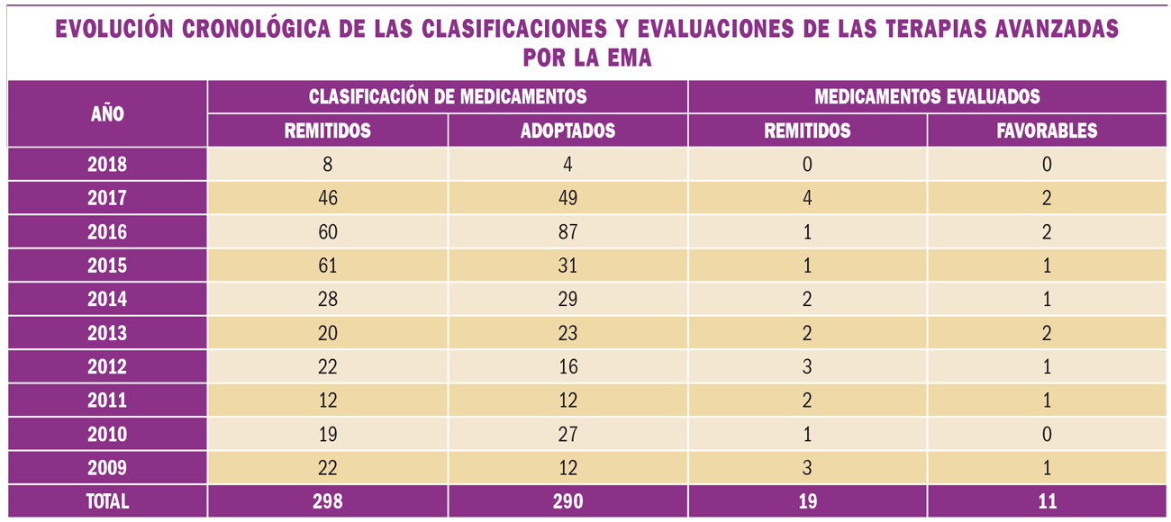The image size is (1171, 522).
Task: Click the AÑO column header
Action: point(107,114)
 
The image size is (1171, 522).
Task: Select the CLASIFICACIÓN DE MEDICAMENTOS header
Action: point(448,97)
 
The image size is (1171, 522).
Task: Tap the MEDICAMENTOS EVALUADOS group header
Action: point(927,97)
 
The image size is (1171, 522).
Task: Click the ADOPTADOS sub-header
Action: point(567,130)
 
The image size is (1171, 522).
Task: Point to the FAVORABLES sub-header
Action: point(1047,130)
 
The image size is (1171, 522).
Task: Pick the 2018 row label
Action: point(107,165)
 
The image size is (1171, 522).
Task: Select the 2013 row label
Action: point(107,333)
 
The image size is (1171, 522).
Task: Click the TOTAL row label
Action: point(107,501)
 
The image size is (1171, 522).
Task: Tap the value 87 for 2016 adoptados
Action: point(567,232)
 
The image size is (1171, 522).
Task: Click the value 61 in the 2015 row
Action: point(328,265)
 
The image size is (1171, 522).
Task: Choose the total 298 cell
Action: point(328,501)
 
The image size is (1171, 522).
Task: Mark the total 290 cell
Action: point(567,501)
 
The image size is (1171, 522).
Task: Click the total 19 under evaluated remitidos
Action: point(807,501)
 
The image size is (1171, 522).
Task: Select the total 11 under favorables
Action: point(1047,501)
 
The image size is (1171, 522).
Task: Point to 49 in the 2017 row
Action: point(567,198)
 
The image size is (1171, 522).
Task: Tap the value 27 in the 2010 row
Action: point(567,434)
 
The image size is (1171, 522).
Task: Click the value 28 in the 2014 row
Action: point(328,299)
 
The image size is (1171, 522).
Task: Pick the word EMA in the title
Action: point(631,58)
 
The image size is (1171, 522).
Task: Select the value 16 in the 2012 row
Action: point(567,366)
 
